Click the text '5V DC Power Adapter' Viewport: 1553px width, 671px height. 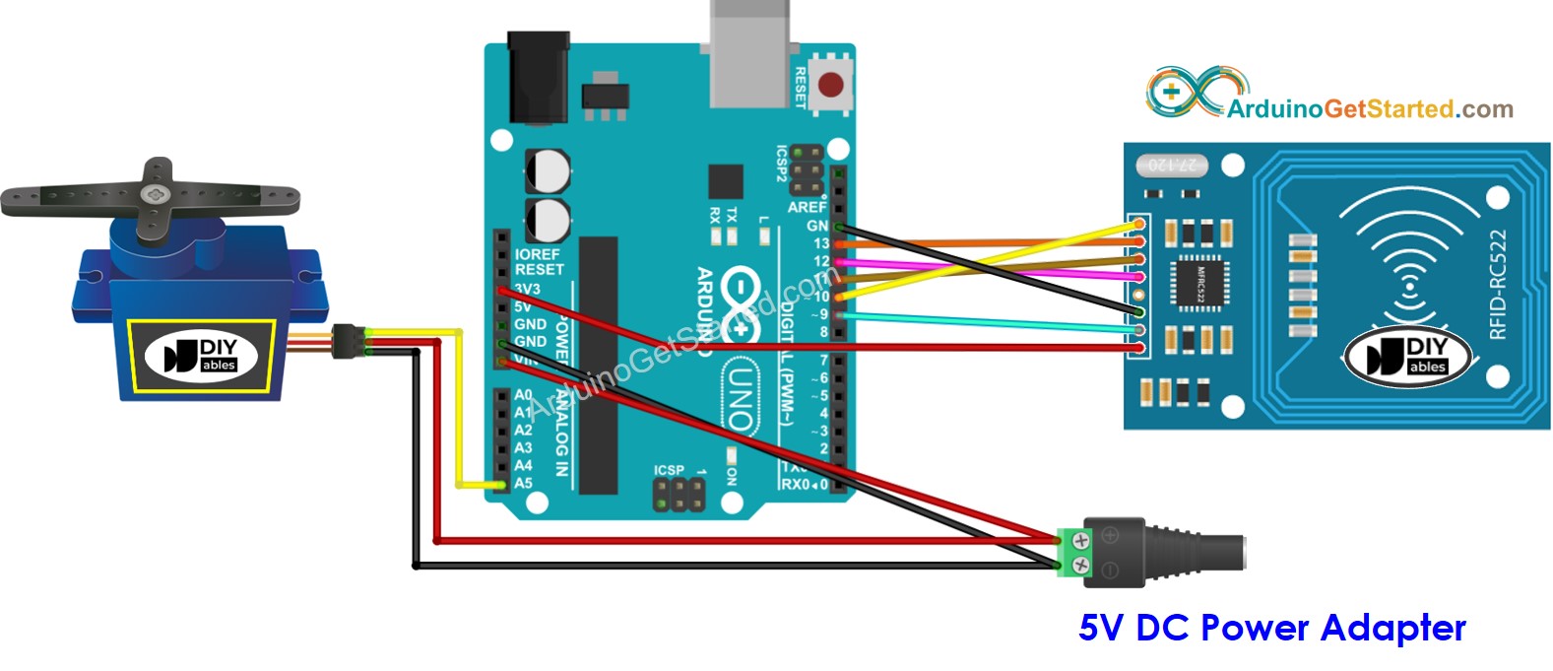pos(1271,628)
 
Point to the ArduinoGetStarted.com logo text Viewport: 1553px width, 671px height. pos(1370,108)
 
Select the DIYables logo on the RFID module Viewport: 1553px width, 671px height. pos(1409,356)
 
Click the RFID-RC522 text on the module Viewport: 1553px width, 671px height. pos(1498,285)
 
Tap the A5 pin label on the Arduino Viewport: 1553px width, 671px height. pos(523,483)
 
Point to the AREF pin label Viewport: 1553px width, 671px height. pos(807,207)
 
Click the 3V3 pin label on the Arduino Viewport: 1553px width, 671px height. pos(527,289)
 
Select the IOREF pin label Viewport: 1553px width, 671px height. pos(537,254)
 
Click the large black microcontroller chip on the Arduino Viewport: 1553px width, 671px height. pos(598,365)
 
